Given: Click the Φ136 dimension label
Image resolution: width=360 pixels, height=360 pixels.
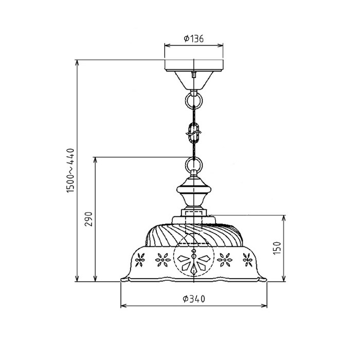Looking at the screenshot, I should [194, 39].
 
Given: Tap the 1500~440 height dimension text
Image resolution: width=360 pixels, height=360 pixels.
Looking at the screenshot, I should [71, 171].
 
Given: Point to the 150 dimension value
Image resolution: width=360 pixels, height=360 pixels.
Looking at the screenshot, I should [277, 248].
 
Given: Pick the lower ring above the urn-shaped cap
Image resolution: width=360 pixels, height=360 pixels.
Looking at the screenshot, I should [194, 166].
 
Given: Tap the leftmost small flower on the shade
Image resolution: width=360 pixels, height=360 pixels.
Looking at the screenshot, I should [139, 261].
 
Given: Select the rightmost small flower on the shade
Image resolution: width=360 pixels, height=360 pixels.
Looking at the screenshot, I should [248, 261].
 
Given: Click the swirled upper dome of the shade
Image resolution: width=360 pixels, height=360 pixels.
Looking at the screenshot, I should [194, 234].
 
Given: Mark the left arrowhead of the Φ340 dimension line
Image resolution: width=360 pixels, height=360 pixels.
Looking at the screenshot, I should [122, 307].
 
